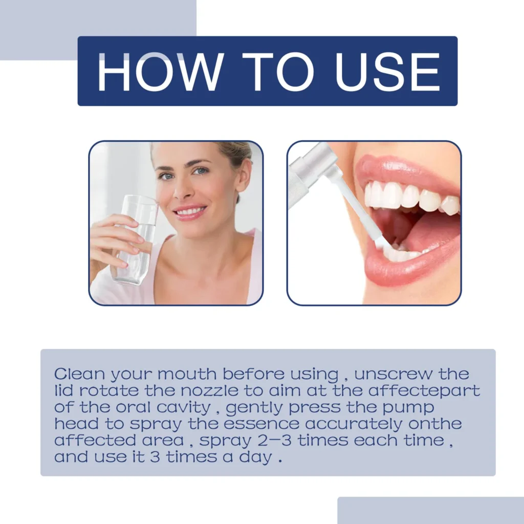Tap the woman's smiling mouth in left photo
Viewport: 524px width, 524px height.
pyautogui.click(x=189, y=211)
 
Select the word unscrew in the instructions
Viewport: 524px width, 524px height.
pyautogui.click(x=394, y=373)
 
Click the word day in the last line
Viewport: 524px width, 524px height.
pyautogui.click(x=256, y=457)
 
